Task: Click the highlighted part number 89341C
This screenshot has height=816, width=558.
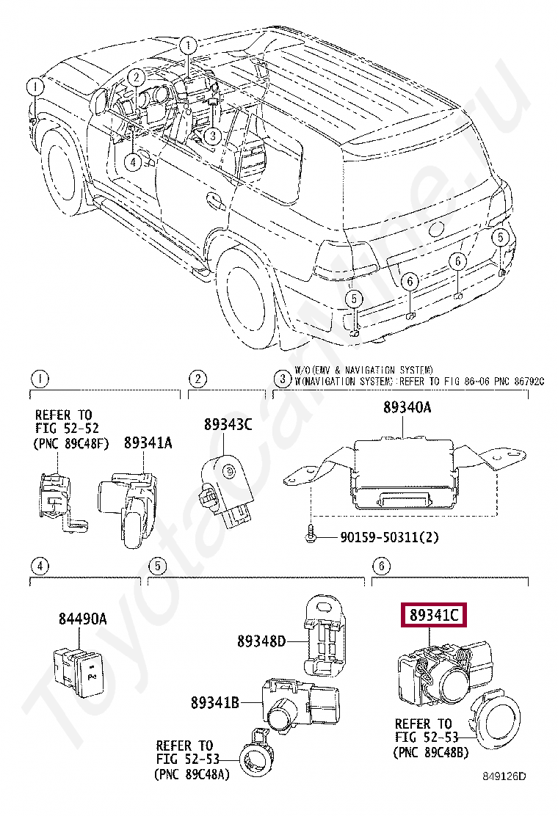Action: coord(433,616)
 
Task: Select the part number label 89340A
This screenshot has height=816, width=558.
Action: coord(407,409)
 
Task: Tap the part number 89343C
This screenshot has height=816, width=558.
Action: coord(228,423)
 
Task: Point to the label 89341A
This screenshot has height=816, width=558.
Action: coord(148,442)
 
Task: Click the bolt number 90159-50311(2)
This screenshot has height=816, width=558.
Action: coord(389,537)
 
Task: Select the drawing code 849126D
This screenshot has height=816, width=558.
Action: coord(504,775)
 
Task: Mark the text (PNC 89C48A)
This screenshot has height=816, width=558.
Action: coord(193,773)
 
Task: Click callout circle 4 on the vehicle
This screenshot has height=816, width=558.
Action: coord(131,162)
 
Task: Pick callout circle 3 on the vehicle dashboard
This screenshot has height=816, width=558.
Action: coord(211,136)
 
